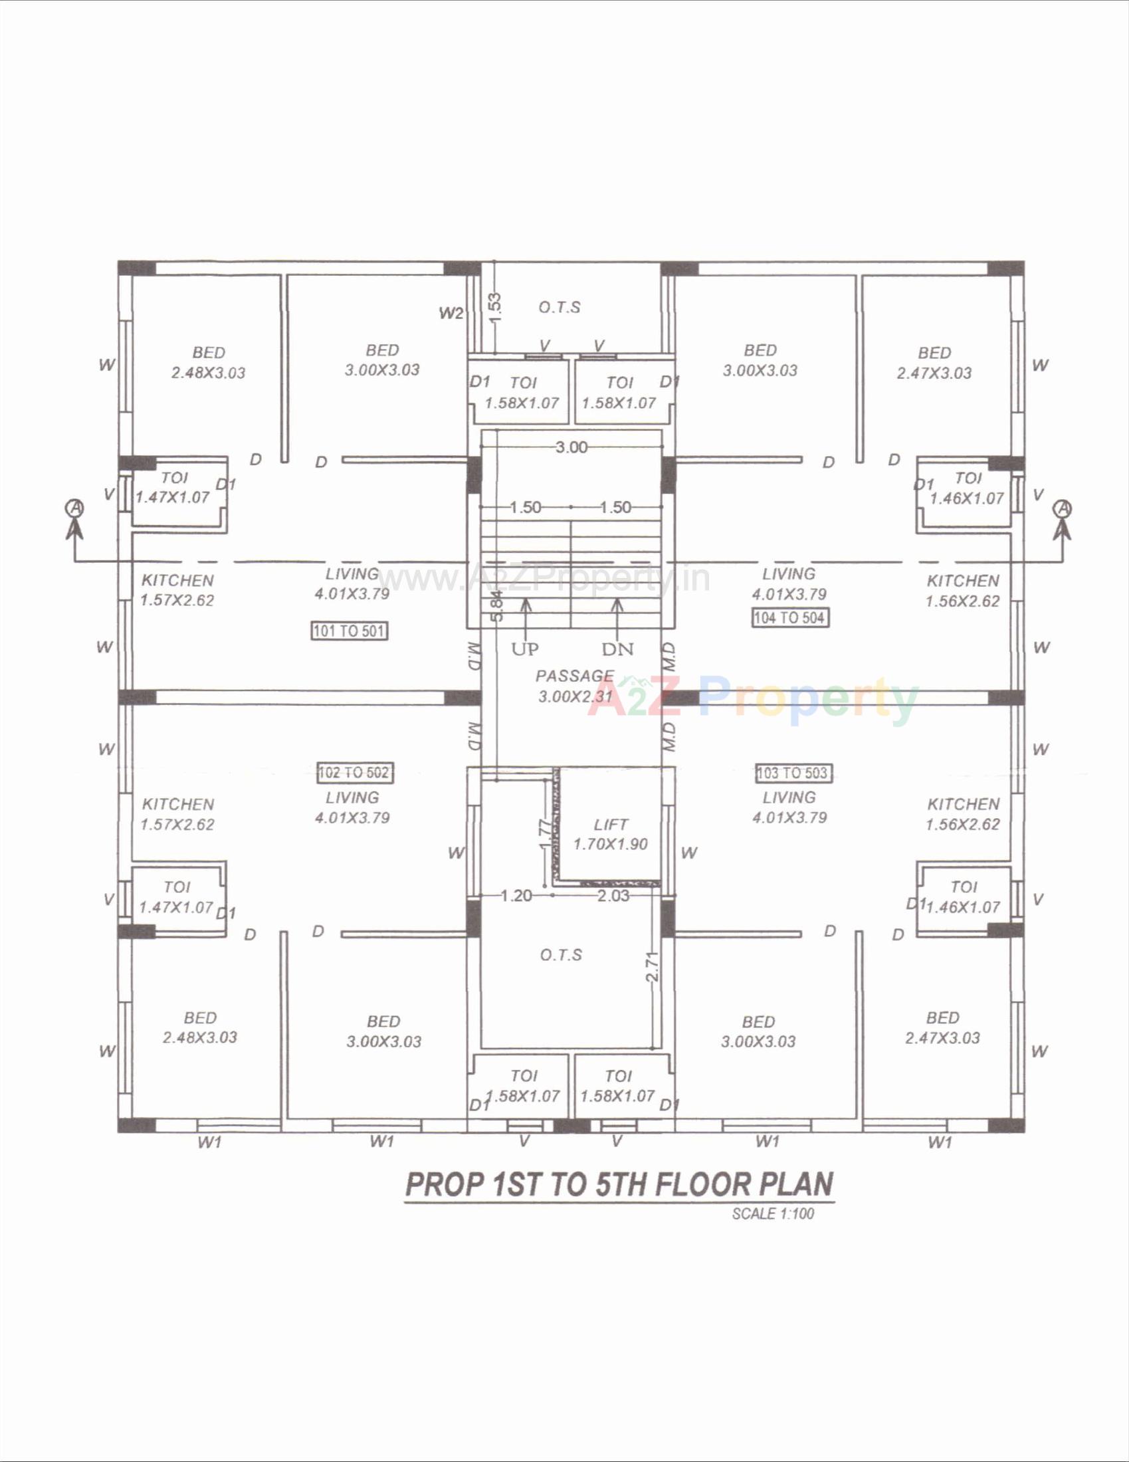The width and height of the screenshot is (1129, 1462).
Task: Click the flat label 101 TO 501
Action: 350,631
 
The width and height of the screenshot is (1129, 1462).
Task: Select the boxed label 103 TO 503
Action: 793,773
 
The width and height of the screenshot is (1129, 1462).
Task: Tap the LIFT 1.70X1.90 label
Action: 610,834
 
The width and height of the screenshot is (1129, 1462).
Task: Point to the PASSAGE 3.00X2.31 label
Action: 575,686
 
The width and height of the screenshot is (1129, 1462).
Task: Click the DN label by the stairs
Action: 617,649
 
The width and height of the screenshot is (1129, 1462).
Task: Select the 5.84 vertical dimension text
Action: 496,606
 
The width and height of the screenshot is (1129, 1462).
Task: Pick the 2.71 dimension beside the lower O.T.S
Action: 653,967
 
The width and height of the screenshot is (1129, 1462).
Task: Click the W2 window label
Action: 451,313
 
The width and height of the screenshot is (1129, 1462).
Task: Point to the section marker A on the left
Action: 75,509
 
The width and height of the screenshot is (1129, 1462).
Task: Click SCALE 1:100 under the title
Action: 773,1213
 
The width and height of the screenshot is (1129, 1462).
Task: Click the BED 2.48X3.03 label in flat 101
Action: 208,363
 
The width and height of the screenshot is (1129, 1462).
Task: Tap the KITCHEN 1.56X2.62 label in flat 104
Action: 962,590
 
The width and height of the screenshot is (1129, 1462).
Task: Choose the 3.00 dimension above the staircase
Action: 571,447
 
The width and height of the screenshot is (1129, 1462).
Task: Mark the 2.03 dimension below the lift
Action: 613,896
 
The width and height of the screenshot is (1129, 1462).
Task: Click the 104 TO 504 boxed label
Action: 789,617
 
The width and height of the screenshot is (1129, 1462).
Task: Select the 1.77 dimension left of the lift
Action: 546,835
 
